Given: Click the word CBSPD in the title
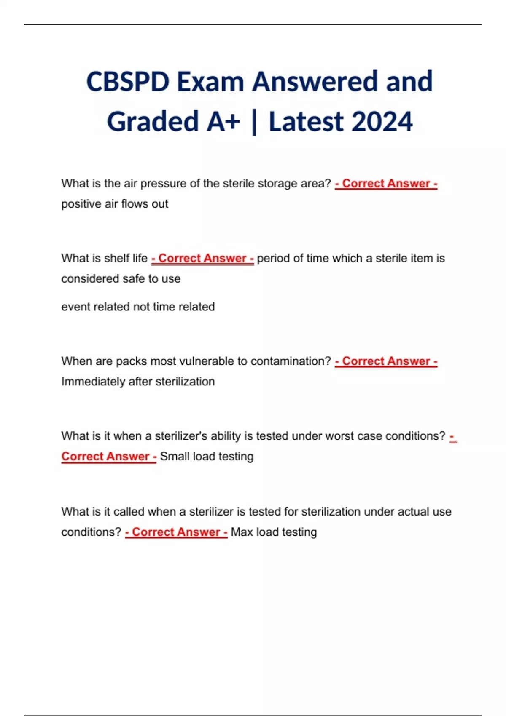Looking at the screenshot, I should click(128, 81).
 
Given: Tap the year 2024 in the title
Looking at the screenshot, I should click(382, 122).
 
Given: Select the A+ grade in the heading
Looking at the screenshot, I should click(223, 122).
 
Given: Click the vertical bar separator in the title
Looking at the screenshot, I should click(254, 122).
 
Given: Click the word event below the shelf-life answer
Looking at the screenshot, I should click(75, 307).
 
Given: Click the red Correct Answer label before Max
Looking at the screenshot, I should click(176, 532).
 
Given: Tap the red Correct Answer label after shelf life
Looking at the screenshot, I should click(202, 258).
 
